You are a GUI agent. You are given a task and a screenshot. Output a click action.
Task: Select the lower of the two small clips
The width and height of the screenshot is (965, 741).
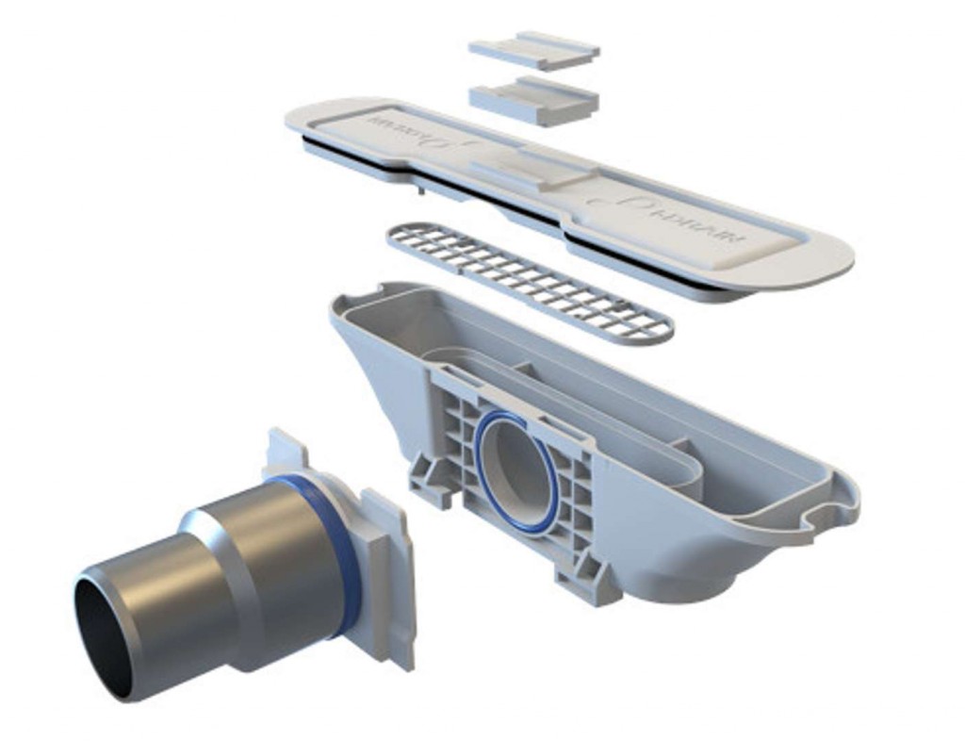pos(533,102)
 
